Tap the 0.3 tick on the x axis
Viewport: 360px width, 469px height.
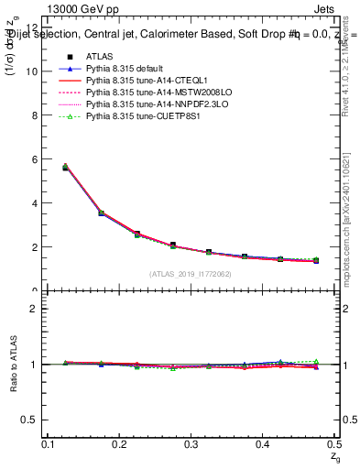click(191, 444)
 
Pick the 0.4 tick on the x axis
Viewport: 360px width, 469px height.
click(262, 444)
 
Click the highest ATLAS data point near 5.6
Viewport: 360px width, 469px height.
click(65, 168)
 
